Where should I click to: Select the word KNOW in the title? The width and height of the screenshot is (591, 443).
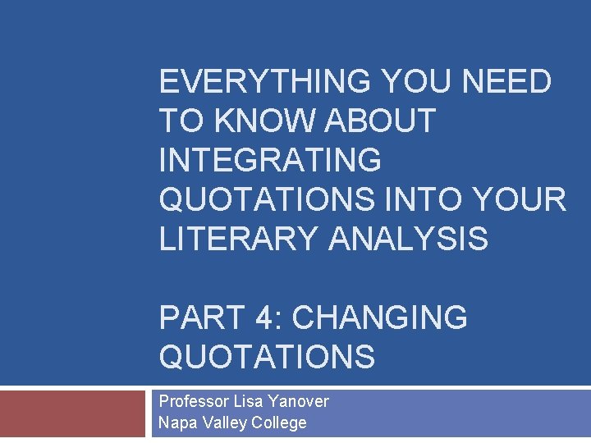263,121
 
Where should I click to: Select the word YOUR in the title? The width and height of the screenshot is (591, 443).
526,200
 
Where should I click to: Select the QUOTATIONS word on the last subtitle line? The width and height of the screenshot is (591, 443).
267,357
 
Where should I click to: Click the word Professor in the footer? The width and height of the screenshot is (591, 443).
194,402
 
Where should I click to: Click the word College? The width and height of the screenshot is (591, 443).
279,423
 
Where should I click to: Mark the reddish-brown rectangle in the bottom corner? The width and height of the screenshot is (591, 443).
71,414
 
